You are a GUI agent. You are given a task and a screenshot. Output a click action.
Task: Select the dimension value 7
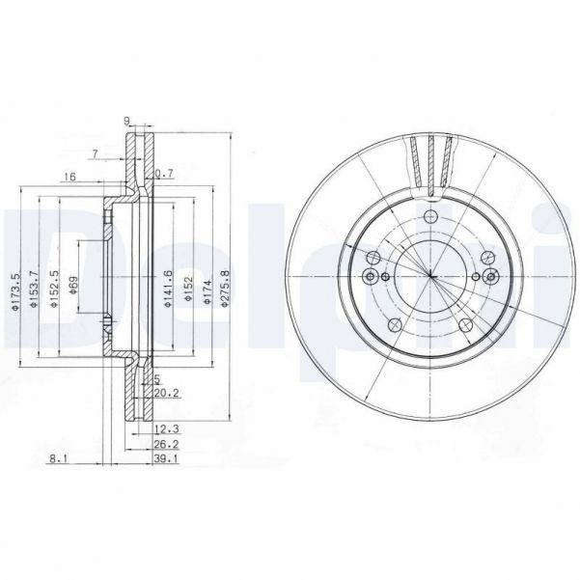(x=94, y=154)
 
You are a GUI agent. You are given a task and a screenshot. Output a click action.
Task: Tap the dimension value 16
(x=69, y=178)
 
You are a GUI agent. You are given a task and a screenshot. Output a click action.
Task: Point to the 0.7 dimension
(x=164, y=174)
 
